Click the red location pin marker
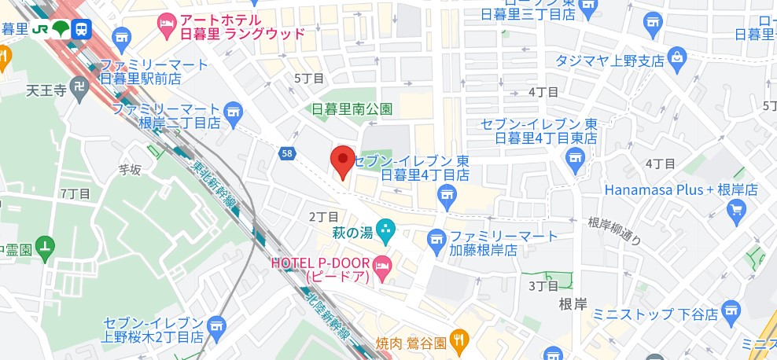click(342, 162)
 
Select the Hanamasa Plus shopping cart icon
click(737, 208)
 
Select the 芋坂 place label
click(128, 168)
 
